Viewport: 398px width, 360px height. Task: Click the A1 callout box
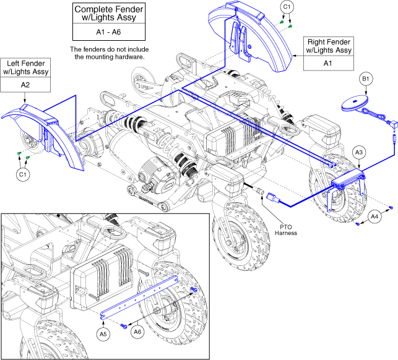[329, 62]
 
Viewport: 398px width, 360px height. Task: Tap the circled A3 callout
[358, 152]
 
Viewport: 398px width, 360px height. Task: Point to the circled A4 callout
[375, 215]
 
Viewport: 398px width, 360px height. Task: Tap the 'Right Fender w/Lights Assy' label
[329, 46]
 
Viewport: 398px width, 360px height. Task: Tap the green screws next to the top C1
[284, 22]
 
